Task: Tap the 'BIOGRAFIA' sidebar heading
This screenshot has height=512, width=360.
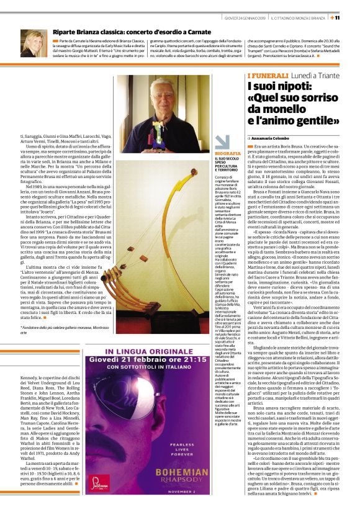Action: click(228, 152)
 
